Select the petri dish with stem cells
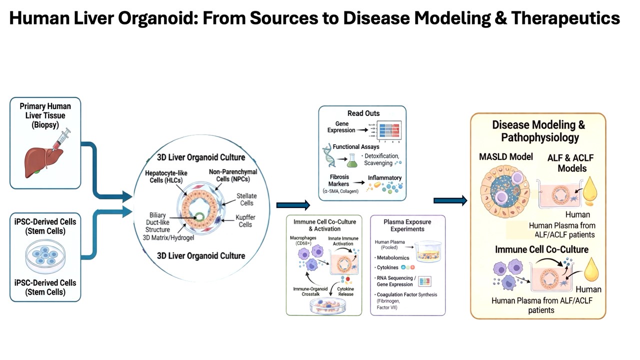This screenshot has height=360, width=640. tap(45, 256)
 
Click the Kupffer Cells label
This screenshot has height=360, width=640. tap(245, 221)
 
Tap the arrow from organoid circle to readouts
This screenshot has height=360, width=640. tap(293, 204)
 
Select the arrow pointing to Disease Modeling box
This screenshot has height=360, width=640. tap(450, 200)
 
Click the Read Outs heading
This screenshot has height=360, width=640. tap(363, 113)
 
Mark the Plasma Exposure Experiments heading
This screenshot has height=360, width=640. tap(407, 225)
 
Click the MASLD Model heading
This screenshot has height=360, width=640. tap(506, 157)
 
